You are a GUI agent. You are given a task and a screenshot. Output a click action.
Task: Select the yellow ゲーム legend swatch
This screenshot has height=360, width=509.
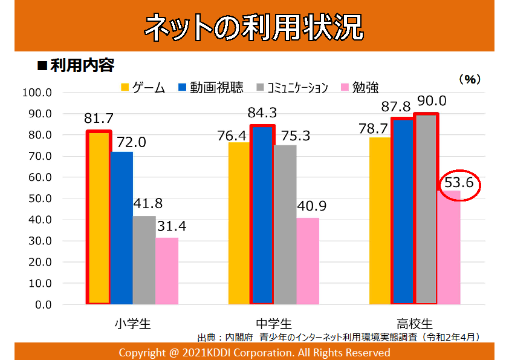point(126,87)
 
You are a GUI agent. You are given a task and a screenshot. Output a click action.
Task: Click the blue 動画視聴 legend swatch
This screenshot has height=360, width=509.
point(182,87)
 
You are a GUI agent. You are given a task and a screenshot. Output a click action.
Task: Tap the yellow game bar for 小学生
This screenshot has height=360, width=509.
point(99,218)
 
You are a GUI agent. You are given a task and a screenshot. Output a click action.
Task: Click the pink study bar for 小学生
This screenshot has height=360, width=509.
point(166,270)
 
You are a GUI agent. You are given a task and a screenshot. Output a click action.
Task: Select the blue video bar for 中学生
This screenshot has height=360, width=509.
point(262,215)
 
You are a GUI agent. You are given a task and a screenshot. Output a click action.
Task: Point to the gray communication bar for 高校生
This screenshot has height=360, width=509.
point(427,209)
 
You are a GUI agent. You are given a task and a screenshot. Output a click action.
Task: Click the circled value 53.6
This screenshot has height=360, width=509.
point(459,183)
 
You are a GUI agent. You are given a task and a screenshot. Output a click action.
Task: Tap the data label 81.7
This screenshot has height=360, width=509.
point(99,119)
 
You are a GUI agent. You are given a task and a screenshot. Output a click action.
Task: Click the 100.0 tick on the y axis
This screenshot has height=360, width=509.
point(37,93)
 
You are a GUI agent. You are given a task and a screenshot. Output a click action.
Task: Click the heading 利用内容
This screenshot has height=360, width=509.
point(82,65)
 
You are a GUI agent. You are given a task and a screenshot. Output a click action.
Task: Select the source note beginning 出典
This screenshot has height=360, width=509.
point(338,336)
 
